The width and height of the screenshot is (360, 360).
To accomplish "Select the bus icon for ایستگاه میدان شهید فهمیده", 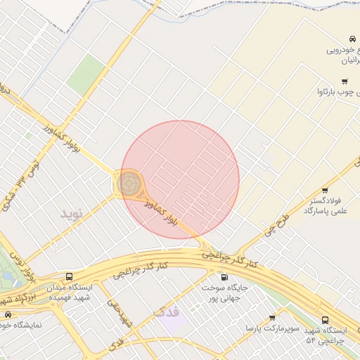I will [69, 276].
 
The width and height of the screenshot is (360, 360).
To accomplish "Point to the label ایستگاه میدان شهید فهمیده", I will [69, 292].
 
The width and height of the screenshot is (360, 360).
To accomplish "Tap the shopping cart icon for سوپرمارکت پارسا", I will [272, 318].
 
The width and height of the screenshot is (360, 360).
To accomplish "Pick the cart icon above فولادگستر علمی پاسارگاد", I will [325, 191].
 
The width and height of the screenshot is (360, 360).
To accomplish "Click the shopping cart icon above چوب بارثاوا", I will [345, 82].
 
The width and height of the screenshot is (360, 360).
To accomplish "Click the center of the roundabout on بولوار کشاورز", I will [129, 184].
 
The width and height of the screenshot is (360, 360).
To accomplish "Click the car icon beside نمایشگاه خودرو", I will [8, 314].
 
